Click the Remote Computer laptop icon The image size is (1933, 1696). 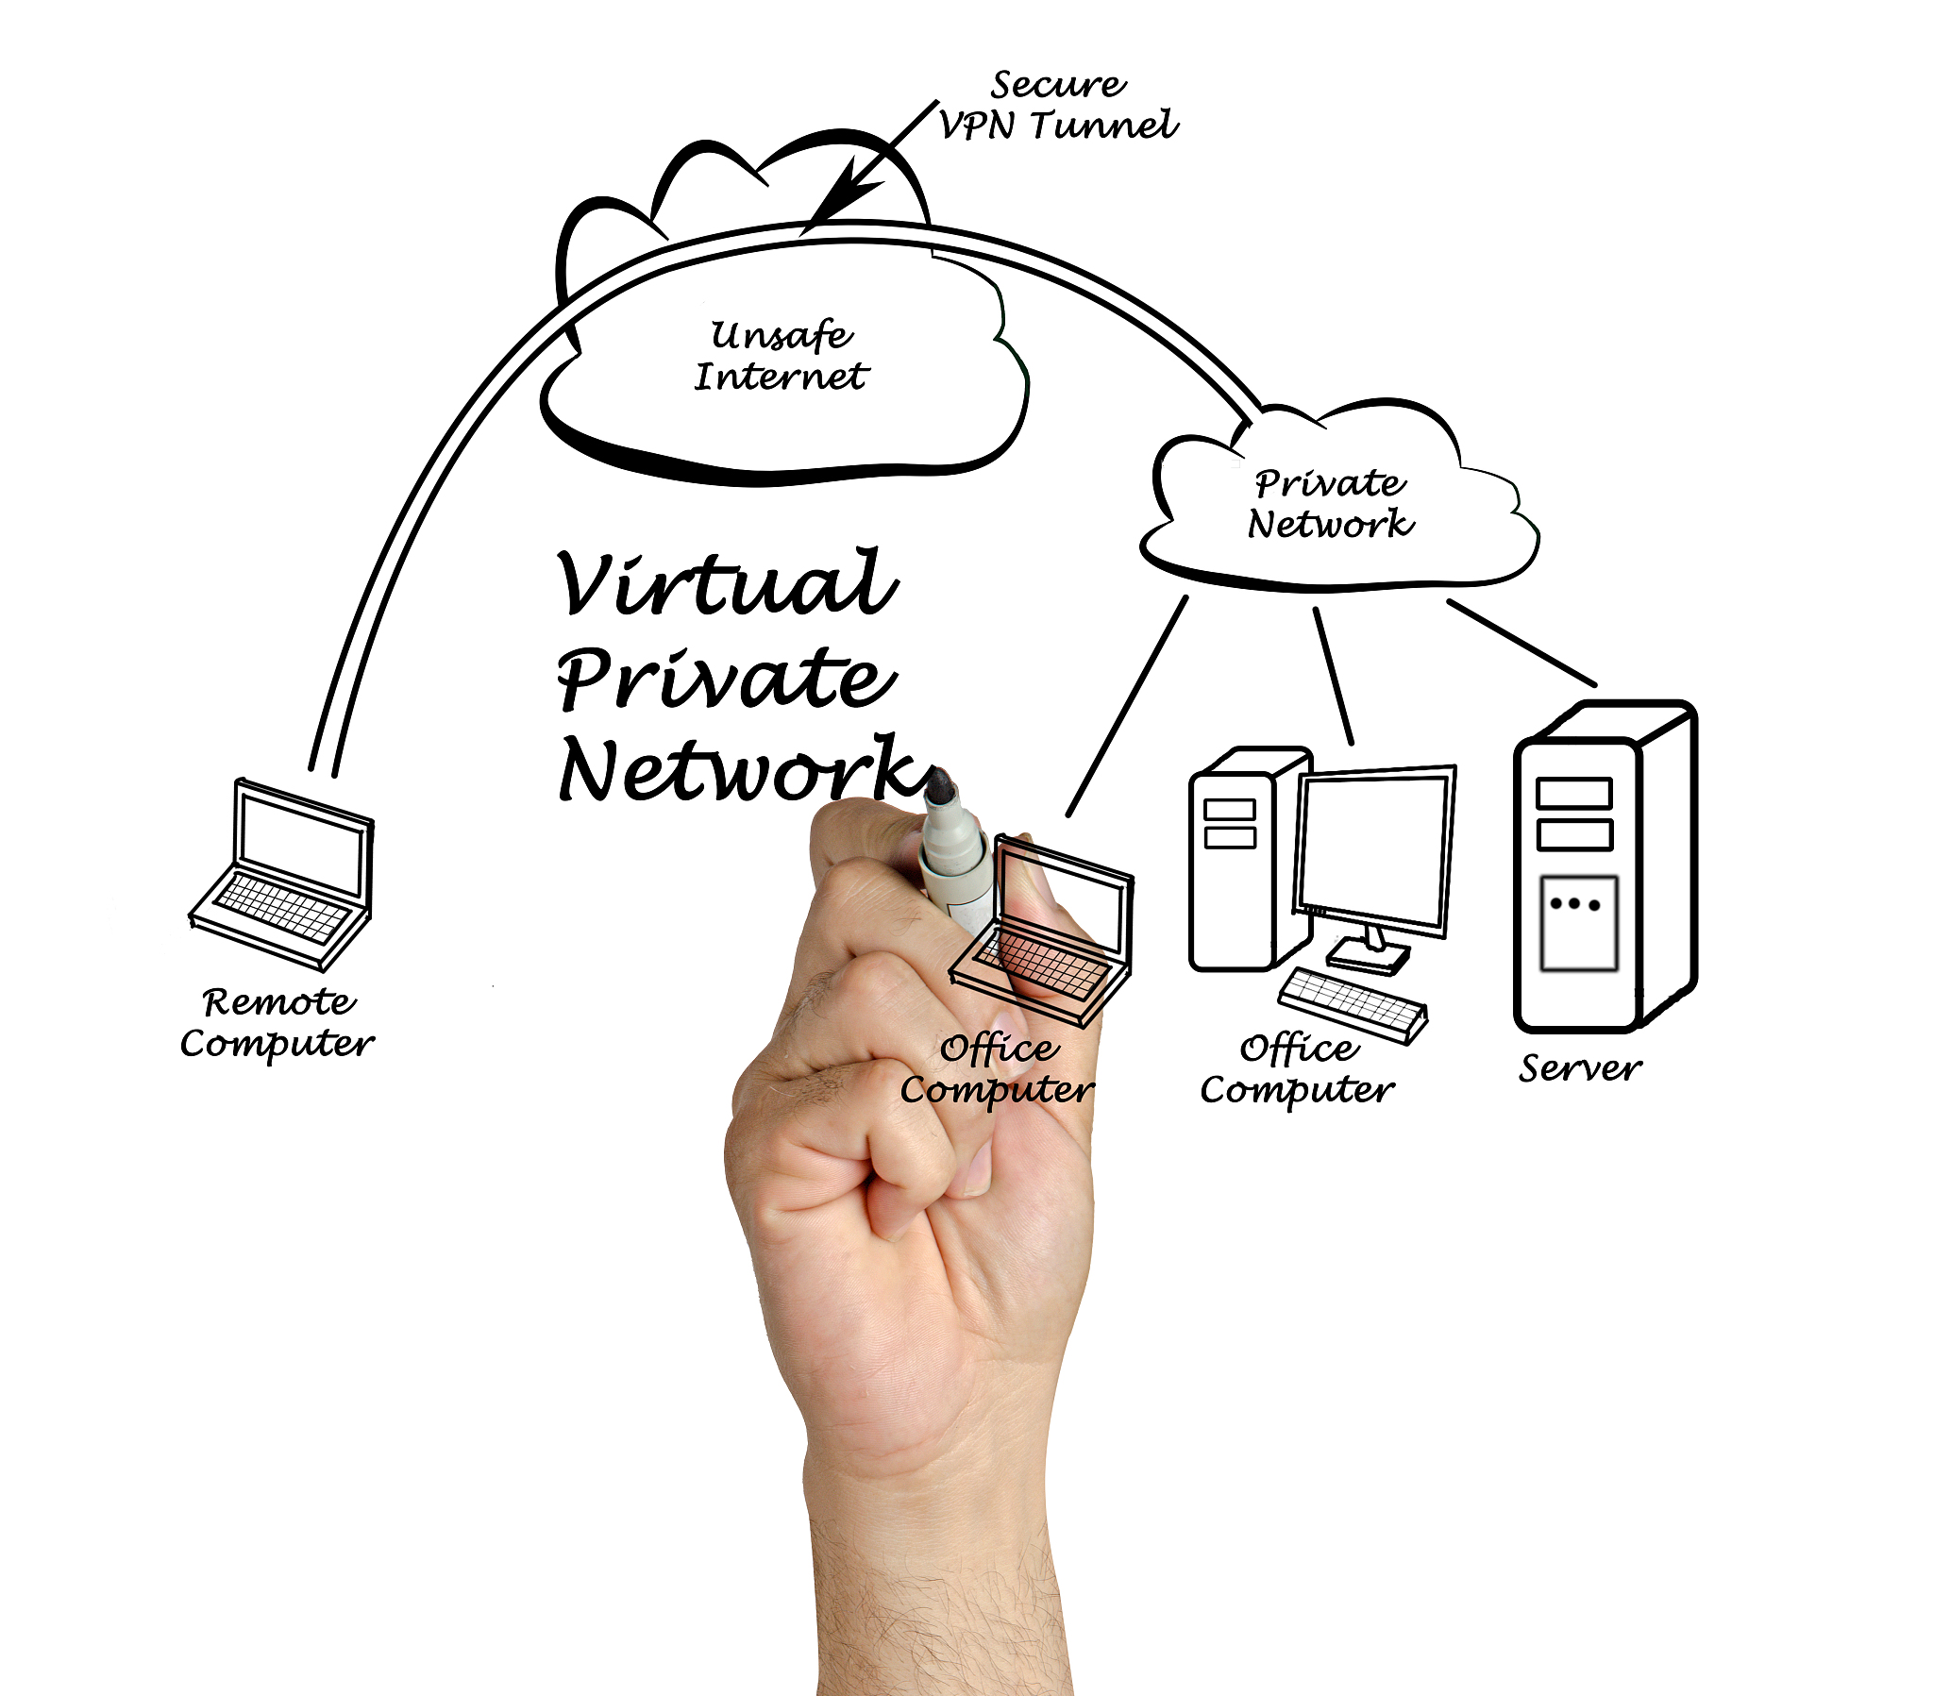284,875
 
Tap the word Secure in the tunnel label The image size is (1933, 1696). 1057,85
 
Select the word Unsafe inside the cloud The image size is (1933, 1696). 782,336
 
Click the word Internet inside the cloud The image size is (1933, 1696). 782,378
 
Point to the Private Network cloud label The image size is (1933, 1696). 1330,503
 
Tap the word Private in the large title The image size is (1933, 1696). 724,679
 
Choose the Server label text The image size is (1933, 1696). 1579,1069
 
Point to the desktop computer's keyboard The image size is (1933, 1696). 1353,1004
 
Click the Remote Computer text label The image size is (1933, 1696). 278,1022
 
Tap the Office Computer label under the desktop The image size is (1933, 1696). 1298,1070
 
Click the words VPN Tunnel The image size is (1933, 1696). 1058,126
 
